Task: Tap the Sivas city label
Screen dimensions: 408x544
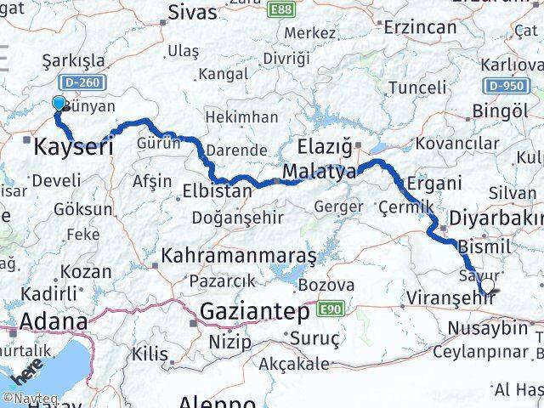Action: coord(193,12)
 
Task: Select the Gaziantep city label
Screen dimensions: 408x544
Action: coord(254,313)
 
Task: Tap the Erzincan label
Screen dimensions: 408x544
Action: coord(420,27)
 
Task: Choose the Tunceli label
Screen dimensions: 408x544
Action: coord(417,87)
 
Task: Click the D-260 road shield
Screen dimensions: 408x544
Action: coord(78,82)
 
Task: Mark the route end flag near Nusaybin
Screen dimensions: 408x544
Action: coord(490,293)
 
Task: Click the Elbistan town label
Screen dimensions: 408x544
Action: coord(218,191)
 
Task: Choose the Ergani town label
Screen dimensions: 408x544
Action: coord(433,183)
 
